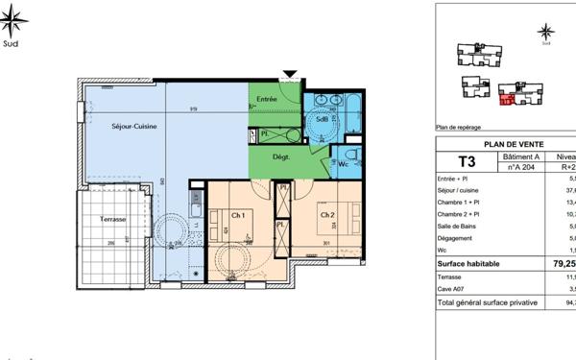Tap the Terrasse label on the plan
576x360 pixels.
click(x=114, y=220)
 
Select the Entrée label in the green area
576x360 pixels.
click(x=266, y=100)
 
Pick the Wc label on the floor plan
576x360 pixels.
click(x=343, y=164)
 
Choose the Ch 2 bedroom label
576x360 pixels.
click(x=327, y=214)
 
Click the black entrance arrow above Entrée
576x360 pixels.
click(x=291, y=74)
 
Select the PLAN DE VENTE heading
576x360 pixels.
click(x=507, y=144)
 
